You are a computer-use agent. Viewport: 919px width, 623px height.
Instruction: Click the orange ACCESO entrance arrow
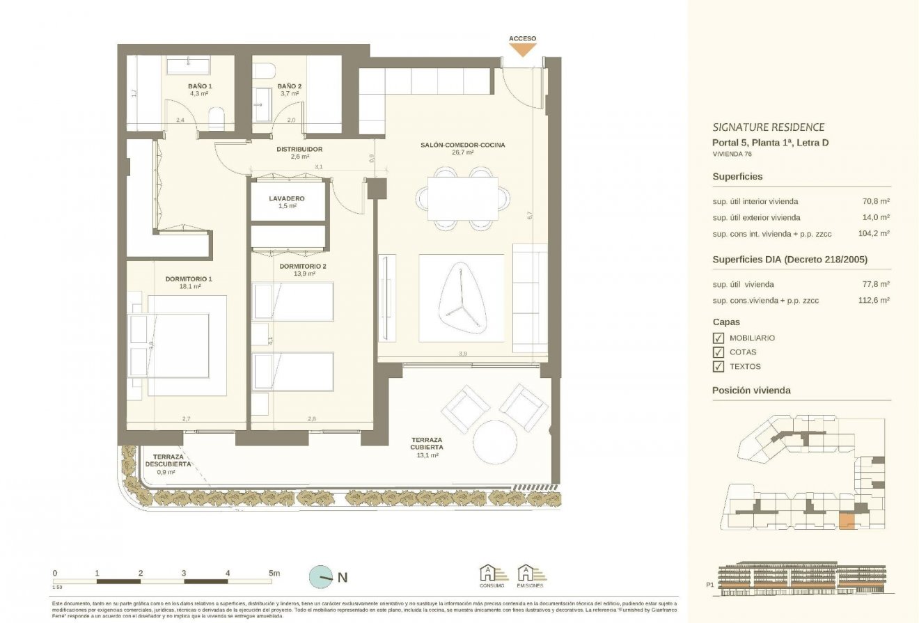point(522,49)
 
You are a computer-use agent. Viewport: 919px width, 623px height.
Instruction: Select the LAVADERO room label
point(287,198)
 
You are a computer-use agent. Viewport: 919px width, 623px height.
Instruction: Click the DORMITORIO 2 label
point(303,266)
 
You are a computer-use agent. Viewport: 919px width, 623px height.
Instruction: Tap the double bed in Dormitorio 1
point(178,345)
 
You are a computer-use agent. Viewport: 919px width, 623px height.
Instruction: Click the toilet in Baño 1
point(217,119)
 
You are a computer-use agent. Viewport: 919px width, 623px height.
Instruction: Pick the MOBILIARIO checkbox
point(718,338)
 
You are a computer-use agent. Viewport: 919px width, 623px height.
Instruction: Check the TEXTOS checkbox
point(718,366)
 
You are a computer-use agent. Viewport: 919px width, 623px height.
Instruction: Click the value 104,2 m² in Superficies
point(876,234)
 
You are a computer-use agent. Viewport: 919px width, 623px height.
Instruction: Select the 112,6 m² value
point(876,301)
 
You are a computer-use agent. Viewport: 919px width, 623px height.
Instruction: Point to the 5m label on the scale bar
point(274,574)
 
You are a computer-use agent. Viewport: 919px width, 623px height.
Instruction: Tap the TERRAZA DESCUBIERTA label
point(165,461)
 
